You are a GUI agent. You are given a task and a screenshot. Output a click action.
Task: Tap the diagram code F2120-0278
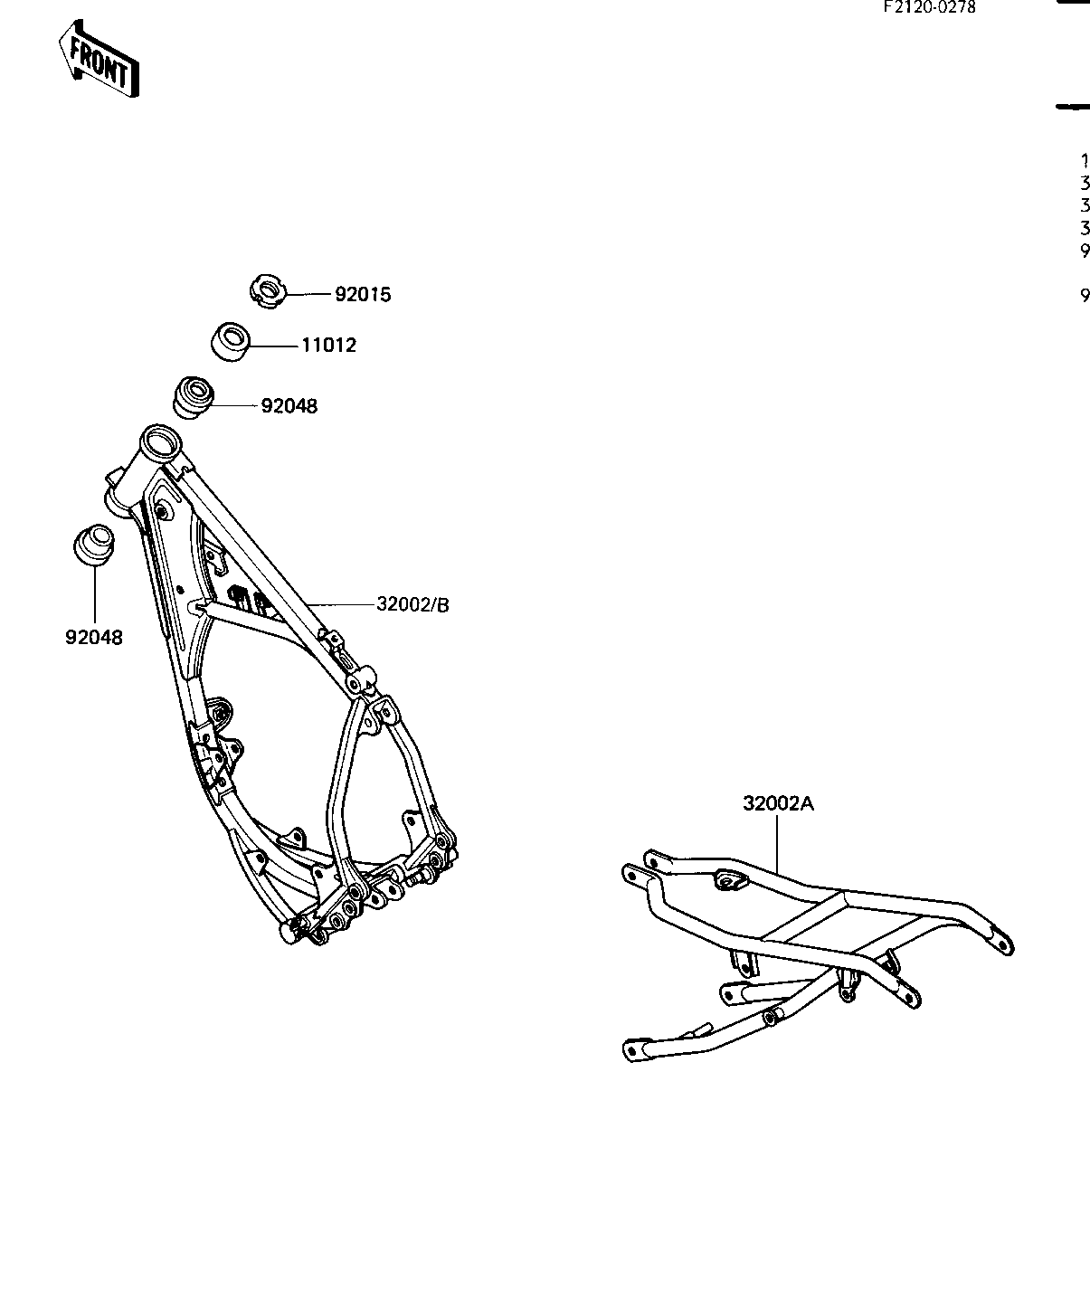click(930, 8)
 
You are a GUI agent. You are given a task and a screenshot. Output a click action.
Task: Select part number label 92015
click(363, 295)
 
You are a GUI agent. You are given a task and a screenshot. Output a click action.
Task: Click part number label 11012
click(328, 346)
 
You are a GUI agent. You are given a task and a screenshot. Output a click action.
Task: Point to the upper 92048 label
click(289, 407)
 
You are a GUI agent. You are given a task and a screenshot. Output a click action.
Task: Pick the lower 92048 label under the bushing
click(94, 637)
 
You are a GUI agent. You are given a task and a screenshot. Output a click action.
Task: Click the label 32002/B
click(412, 604)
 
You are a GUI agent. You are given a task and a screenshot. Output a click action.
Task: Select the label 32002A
click(779, 803)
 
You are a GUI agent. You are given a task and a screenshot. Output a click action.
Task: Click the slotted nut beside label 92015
click(267, 291)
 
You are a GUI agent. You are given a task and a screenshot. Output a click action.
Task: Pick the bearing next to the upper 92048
click(194, 397)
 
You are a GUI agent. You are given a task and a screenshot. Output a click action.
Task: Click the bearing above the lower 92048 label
click(92, 545)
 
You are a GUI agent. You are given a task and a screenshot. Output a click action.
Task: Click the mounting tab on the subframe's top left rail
click(727, 878)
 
